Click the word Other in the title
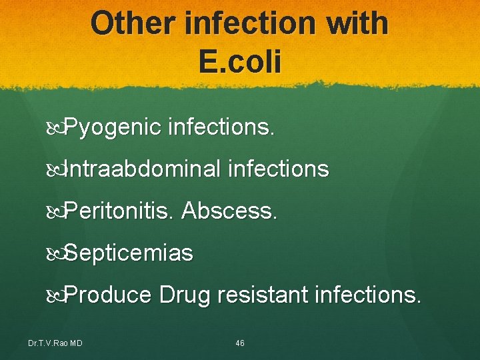point(131,23)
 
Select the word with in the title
point(353,23)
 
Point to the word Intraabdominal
point(143,169)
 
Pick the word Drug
point(184,295)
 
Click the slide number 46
point(240,343)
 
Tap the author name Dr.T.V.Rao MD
point(55,343)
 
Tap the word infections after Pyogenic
point(221,127)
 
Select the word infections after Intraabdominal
point(279,169)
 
